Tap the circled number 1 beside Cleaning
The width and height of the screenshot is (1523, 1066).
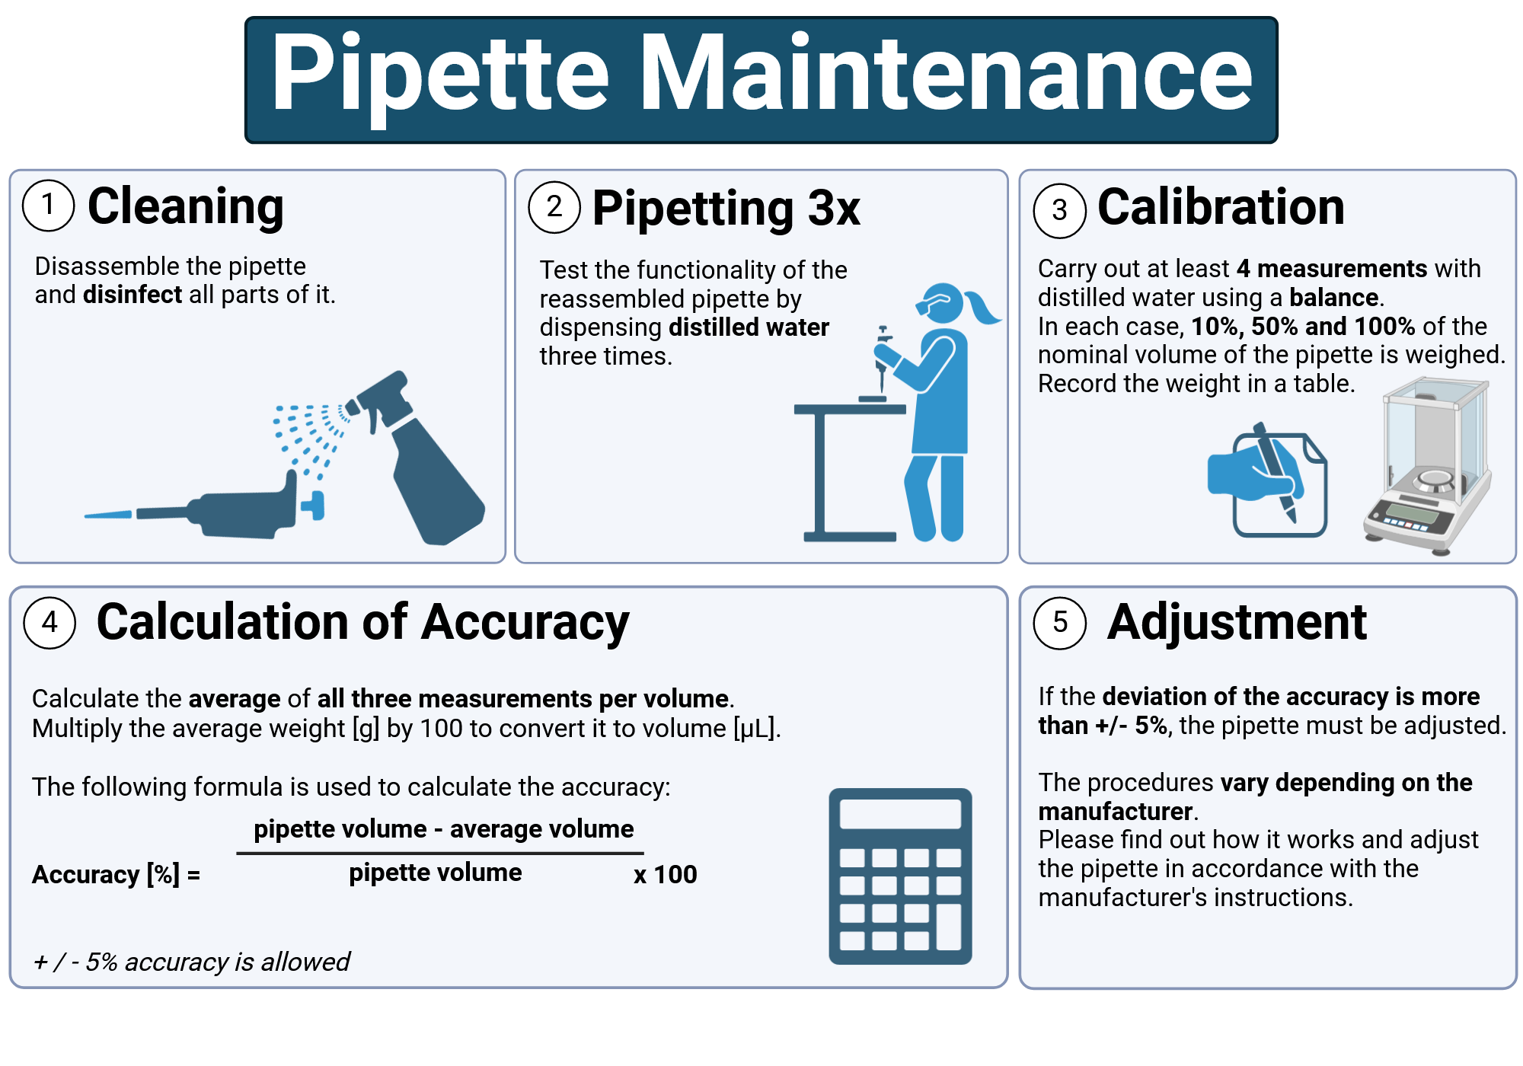[x=49, y=206]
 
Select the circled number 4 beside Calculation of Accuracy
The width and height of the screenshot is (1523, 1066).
[x=49, y=623]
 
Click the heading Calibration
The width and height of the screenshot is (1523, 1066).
[x=1221, y=207]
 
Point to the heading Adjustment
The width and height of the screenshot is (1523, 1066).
[x=1237, y=623]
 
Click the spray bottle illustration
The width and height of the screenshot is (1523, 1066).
[x=426, y=464]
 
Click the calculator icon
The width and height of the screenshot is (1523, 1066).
[x=900, y=876]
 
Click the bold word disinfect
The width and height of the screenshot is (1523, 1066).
[x=133, y=295]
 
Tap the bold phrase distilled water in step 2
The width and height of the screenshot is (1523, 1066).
[x=749, y=327]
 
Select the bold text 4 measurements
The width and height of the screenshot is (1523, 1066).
[x=1331, y=269]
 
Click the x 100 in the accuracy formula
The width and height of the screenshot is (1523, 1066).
[x=665, y=875]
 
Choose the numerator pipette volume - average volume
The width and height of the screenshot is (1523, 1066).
[x=443, y=828]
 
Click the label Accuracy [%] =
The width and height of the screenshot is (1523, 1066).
[x=116, y=875]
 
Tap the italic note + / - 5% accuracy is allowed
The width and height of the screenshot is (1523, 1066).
[x=191, y=962]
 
